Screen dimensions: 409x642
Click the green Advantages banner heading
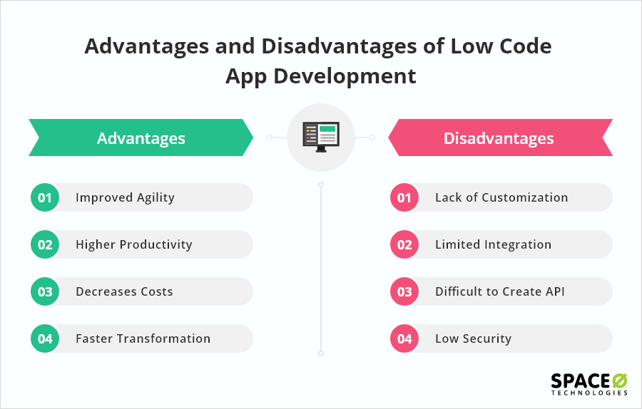click(x=141, y=138)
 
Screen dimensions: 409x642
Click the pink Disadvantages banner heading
click(x=499, y=138)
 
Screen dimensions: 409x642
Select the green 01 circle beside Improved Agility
click(x=45, y=197)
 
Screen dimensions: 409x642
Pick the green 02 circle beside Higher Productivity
click(x=45, y=244)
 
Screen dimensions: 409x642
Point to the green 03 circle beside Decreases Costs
click(x=45, y=291)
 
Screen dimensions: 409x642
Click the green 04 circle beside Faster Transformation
click(x=45, y=338)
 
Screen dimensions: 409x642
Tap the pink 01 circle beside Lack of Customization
click(x=404, y=197)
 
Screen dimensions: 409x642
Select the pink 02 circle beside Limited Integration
click(x=404, y=244)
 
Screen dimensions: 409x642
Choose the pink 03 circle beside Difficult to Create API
click(x=404, y=291)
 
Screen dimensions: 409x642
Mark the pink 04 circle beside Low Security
click(x=404, y=338)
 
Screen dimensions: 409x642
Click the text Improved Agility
click(x=125, y=197)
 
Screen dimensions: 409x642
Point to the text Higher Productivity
click(x=133, y=244)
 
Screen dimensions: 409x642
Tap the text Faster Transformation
click(x=143, y=338)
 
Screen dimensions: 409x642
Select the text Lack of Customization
click(x=501, y=197)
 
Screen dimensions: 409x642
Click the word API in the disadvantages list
click(x=554, y=291)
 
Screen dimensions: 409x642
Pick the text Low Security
click(x=473, y=338)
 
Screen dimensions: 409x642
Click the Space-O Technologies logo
click(x=588, y=383)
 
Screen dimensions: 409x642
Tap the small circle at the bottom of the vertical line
click(x=321, y=353)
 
